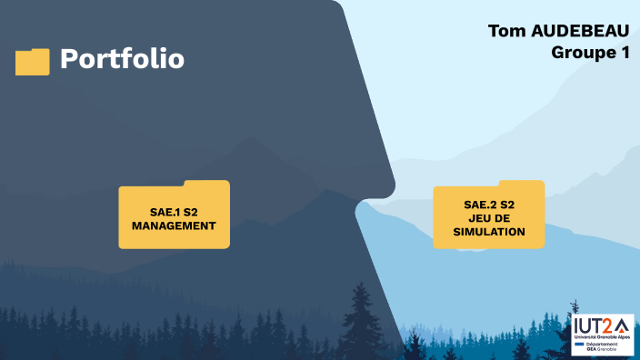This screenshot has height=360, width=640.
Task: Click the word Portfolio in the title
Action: (122, 59)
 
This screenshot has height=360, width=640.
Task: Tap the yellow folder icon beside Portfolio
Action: (33, 62)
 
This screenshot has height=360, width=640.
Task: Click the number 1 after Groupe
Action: (625, 53)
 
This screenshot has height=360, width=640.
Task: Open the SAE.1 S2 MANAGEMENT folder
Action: (174, 216)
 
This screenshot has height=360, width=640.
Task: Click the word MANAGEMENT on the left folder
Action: (174, 225)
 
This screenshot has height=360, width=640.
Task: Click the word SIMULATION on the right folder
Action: (490, 232)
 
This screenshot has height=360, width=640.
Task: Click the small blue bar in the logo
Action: (580, 345)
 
